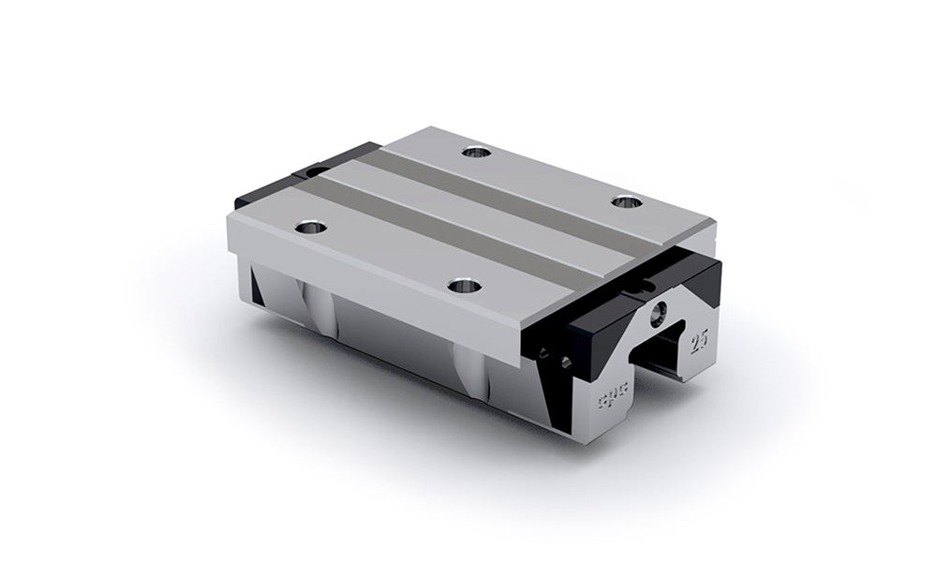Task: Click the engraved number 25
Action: coord(698,338)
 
